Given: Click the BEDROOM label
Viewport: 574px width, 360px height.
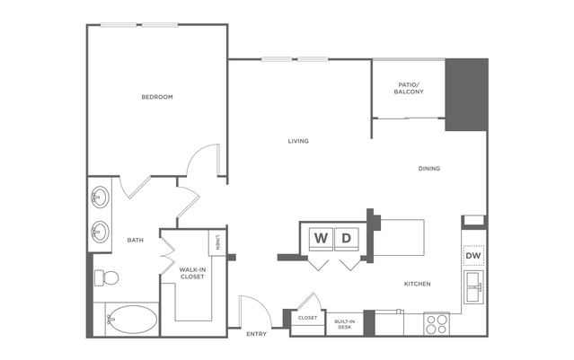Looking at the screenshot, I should pyautogui.click(x=156, y=97).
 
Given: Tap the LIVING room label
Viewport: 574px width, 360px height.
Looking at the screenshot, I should pyautogui.click(x=298, y=141).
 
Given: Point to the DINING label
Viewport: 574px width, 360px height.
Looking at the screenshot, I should pyautogui.click(x=428, y=168).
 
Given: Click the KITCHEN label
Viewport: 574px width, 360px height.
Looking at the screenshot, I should pyautogui.click(x=417, y=284).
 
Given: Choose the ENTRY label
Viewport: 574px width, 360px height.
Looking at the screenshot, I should pyautogui.click(x=256, y=334).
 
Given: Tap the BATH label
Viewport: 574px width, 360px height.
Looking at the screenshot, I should pyautogui.click(x=135, y=240).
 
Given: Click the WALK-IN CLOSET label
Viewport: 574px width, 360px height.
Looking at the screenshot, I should pyautogui.click(x=191, y=273).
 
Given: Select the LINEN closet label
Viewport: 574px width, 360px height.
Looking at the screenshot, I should pyautogui.click(x=218, y=242).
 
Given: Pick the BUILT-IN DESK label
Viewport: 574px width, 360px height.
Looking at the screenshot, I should pyautogui.click(x=344, y=323).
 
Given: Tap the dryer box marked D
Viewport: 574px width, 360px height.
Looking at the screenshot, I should pyautogui.click(x=347, y=238).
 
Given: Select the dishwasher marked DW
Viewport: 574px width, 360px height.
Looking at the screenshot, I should pyautogui.click(x=473, y=258).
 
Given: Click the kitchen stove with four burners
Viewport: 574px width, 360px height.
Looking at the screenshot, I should pyautogui.click(x=437, y=323).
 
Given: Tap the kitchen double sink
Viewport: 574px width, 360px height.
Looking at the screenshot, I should pyautogui.click(x=473, y=289).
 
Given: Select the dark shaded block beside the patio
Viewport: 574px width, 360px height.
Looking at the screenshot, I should pyautogui.click(x=467, y=95).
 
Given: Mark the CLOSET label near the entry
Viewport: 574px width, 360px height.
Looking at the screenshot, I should pyautogui.click(x=307, y=318).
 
